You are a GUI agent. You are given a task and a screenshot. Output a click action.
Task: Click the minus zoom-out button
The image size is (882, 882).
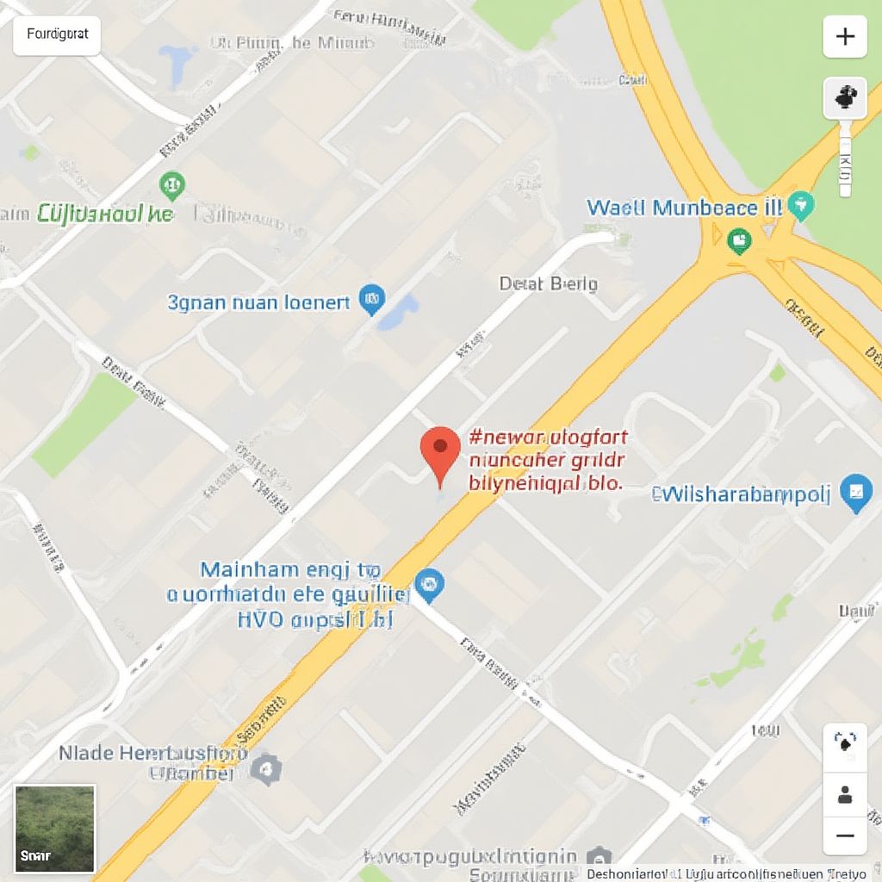[845, 835]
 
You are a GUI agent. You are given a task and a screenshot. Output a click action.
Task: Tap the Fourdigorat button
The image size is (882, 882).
[57, 35]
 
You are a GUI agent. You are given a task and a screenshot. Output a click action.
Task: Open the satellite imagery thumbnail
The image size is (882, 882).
[55, 828]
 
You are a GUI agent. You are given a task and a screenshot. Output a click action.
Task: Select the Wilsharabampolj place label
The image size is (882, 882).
[742, 494]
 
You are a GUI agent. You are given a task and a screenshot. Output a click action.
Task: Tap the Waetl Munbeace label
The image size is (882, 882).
[684, 208]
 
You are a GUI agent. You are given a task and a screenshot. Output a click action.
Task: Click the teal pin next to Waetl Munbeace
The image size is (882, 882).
[802, 205]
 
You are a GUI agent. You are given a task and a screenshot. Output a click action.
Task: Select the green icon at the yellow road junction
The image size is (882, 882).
[738, 240]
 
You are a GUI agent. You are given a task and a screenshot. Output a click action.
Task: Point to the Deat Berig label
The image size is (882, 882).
[548, 283]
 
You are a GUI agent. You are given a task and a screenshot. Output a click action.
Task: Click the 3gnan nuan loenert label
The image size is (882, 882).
[259, 302]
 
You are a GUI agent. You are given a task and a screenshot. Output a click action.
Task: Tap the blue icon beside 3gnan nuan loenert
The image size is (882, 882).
[371, 298]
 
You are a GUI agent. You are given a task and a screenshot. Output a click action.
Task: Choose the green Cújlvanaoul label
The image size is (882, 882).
[104, 214]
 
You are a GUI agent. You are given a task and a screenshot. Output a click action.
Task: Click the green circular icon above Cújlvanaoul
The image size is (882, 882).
[172, 183]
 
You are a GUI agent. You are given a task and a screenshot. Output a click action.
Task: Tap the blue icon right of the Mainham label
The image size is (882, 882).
[429, 585]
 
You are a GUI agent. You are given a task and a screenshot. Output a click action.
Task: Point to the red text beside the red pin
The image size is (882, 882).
[548, 460]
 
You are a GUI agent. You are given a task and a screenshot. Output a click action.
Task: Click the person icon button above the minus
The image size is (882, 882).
[845, 793]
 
